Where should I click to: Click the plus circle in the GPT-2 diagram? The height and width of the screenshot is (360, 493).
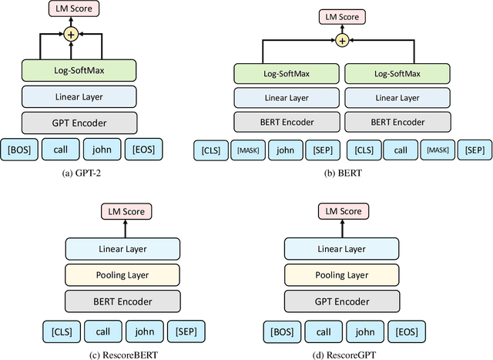tap(72, 34)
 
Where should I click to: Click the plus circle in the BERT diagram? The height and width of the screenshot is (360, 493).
tap(342, 41)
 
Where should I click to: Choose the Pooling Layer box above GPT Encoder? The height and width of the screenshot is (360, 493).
tap(342, 274)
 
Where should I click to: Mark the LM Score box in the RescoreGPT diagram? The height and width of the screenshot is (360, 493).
tap(342, 211)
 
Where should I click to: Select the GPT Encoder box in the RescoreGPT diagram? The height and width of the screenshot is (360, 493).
tap(342, 301)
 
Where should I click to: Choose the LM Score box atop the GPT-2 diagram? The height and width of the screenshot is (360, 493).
tap(72, 9)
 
